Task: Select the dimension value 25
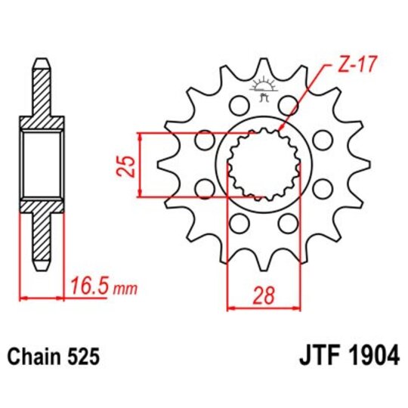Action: click(x=128, y=165)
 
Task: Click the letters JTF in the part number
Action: click(x=311, y=354)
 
